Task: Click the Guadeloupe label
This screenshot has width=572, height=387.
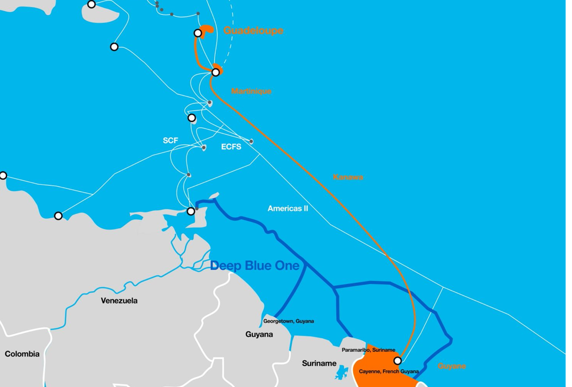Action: click(x=253, y=31)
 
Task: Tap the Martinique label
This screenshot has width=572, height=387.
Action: click(x=251, y=91)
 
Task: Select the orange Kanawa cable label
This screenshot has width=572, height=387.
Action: click(x=348, y=177)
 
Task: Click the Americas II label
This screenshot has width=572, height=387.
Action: click(x=288, y=209)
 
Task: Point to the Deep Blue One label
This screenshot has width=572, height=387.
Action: click(x=255, y=266)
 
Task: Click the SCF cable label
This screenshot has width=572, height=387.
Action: click(x=170, y=141)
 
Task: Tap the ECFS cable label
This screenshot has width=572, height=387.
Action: click(x=231, y=147)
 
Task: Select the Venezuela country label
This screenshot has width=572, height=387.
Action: click(x=119, y=301)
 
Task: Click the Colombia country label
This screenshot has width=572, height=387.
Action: click(x=22, y=354)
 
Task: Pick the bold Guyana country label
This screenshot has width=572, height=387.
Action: click(x=259, y=334)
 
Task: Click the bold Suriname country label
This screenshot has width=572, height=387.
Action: click(x=319, y=364)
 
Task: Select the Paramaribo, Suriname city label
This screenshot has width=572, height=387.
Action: click(x=369, y=350)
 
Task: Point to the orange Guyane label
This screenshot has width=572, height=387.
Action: click(x=452, y=366)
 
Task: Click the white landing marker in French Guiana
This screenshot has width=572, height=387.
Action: click(x=397, y=361)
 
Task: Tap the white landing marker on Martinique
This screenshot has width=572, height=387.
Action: click(x=216, y=72)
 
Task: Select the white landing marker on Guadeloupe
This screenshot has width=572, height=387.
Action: click(x=198, y=33)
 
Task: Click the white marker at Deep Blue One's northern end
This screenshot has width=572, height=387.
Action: click(x=191, y=211)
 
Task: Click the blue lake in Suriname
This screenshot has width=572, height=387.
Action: click(x=341, y=373)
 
